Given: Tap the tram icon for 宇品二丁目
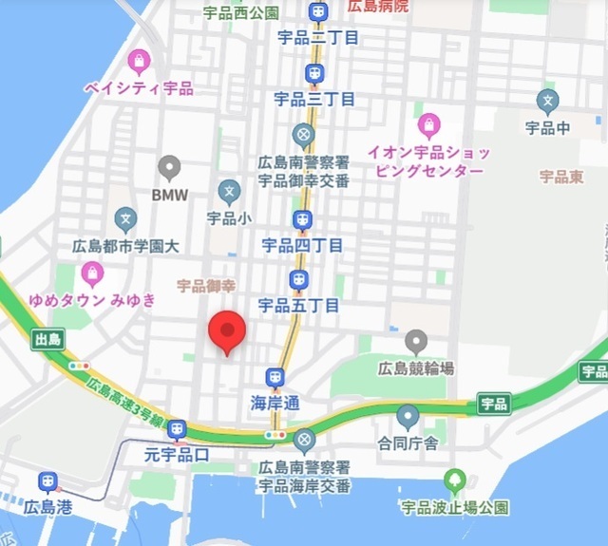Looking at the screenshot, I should (x=316, y=12).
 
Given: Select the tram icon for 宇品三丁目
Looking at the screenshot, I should (x=313, y=73).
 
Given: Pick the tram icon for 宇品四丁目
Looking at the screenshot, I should (x=303, y=221).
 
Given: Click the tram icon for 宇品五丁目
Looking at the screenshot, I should (x=298, y=280).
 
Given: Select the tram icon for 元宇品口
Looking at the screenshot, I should (x=176, y=430).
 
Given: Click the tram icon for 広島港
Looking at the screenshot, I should (x=48, y=482).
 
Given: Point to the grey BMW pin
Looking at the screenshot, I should (x=170, y=167).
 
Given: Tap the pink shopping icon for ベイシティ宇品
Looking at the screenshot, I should (x=140, y=64).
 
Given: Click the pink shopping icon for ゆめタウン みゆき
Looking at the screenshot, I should (x=92, y=274).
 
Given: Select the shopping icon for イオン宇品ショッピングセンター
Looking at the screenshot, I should (x=429, y=124).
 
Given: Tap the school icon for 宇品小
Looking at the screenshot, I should (x=228, y=192).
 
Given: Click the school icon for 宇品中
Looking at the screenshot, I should (x=547, y=99).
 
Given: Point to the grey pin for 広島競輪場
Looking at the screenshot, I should (x=415, y=341).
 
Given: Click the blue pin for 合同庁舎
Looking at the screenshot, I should (x=408, y=415).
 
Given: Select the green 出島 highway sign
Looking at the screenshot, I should (x=46, y=338).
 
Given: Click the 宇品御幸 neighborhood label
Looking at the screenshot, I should (x=205, y=284).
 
